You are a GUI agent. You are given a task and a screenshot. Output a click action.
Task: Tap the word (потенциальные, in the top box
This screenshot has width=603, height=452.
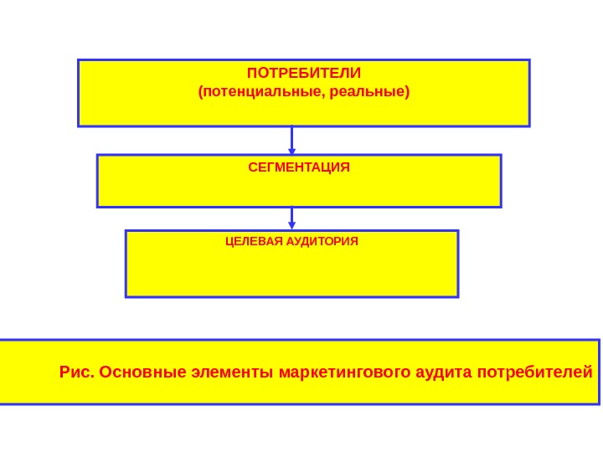tap(257, 90)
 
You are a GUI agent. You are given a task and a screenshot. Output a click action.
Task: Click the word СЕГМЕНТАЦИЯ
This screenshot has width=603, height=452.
tap(299, 167)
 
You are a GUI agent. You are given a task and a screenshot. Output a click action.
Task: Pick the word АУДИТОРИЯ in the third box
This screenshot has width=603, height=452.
tap(323, 241)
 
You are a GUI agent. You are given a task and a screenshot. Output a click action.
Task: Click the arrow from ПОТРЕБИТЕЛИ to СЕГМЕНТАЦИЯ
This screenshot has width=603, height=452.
tap(292, 139)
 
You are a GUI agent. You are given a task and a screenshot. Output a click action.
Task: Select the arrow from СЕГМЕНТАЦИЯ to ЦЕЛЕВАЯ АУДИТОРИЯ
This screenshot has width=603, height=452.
tap(292, 217)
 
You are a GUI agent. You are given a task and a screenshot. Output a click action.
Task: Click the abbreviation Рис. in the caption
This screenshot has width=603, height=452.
tap(77, 371)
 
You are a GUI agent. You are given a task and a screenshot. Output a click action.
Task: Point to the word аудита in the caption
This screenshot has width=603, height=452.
tap(443, 371)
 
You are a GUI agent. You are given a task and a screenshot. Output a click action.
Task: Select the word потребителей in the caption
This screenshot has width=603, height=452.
tap(533, 371)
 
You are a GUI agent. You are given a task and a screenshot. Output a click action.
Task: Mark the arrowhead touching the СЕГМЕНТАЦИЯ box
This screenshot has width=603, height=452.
tap(292, 150)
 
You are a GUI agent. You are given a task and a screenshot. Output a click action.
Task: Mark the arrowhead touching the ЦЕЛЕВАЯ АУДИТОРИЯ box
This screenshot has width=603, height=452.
tap(292, 225)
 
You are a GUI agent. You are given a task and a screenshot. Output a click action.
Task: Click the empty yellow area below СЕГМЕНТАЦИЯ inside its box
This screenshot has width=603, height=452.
tap(299, 191)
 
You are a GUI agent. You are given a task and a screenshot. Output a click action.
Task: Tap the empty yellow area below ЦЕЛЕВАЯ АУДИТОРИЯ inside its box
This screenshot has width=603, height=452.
tap(291, 272)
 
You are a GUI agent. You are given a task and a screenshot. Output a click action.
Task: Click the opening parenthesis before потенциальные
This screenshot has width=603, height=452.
tap(199, 90)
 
